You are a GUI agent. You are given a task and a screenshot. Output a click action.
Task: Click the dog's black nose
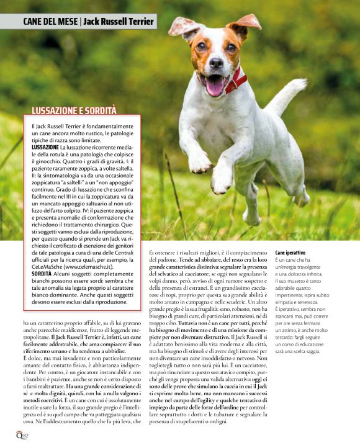[215, 63]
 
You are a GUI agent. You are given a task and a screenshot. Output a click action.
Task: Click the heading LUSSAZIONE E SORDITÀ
[74, 110]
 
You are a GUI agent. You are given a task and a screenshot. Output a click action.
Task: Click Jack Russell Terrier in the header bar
[119, 22]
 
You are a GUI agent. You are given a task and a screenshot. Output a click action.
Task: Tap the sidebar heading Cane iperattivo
[290, 253]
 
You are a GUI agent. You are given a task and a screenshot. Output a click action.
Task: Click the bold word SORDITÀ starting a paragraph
[42, 273]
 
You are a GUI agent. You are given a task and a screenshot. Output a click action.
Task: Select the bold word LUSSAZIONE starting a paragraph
[46, 147]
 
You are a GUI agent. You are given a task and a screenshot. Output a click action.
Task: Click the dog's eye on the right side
[230, 47]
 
